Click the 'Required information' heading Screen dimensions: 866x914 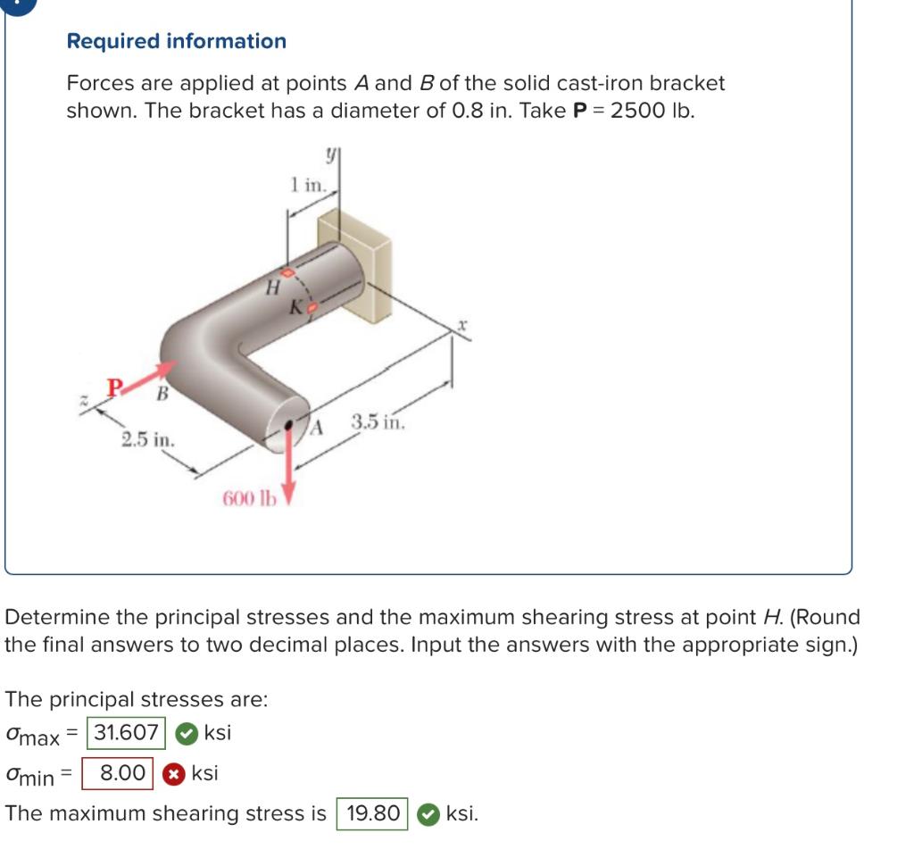point(177,41)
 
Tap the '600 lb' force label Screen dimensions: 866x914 point(249,497)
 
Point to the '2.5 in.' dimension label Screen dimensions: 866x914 point(148,439)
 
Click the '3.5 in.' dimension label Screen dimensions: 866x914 point(378,421)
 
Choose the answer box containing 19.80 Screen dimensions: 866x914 point(372,813)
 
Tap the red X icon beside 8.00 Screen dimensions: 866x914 point(176,773)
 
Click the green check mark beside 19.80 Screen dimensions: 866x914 point(428,813)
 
